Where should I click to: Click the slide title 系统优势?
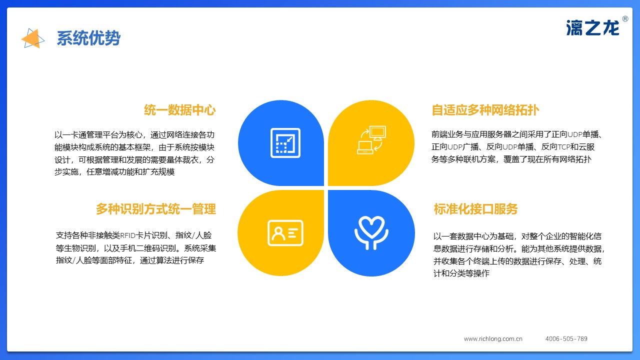click(x=88, y=38)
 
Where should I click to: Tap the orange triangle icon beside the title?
click(x=32, y=38)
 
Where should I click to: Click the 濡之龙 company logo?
click(x=592, y=28)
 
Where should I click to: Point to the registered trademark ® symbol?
click(x=625, y=19)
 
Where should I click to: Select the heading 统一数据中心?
click(x=179, y=110)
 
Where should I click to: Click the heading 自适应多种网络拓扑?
click(x=485, y=110)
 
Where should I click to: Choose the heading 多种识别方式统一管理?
click(x=155, y=209)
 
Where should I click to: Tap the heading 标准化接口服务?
click(x=475, y=209)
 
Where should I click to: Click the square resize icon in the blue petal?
click(x=285, y=143)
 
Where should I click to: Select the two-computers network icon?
click(x=371, y=140)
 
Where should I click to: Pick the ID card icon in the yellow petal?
click(x=285, y=233)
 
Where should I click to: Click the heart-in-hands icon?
click(x=371, y=233)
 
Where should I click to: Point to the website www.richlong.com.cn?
click(x=493, y=339)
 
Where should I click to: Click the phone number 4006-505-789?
click(x=566, y=339)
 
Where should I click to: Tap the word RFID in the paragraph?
click(x=127, y=235)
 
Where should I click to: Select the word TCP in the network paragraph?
click(x=564, y=147)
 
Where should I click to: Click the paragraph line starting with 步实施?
click(x=114, y=172)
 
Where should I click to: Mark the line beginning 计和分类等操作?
click(x=461, y=273)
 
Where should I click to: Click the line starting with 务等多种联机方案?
click(x=511, y=159)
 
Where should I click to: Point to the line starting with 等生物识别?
click(x=136, y=248)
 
